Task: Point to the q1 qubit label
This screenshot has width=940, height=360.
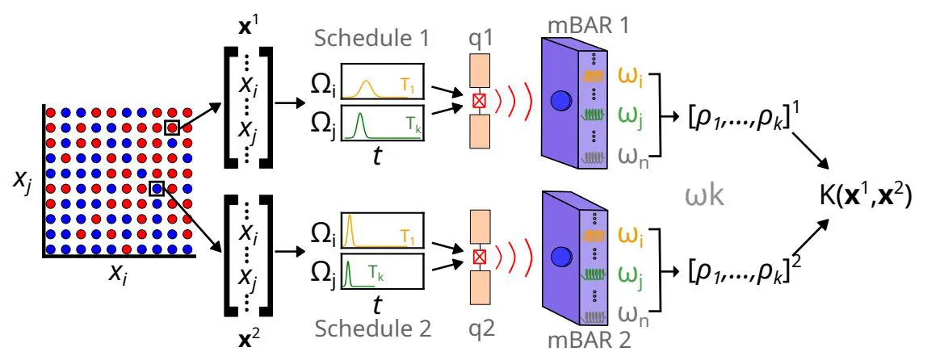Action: point(485,39)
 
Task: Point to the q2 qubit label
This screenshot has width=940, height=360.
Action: point(485,329)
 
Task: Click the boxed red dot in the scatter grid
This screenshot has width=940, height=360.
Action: point(172,128)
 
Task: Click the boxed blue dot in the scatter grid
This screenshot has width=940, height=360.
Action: point(157,188)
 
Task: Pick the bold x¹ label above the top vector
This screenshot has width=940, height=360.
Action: point(246,25)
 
